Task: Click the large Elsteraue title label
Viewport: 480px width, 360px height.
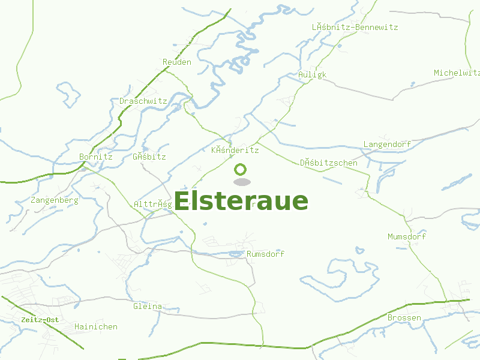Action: click(241, 201)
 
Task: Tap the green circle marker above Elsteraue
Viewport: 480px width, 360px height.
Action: click(241, 170)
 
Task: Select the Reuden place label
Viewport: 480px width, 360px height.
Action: click(177, 62)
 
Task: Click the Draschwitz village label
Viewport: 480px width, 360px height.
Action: click(143, 101)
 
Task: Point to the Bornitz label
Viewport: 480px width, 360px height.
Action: click(96, 157)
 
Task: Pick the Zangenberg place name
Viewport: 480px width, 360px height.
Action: click(54, 200)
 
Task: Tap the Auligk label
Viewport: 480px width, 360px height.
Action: click(312, 74)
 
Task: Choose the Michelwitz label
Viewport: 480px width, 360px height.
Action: click(457, 73)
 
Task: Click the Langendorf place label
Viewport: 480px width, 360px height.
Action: click(387, 145)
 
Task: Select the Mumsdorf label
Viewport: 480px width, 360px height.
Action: click(407, 236)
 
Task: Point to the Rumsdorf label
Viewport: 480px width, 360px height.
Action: click(266, 254)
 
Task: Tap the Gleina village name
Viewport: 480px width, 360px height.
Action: click(148, 306)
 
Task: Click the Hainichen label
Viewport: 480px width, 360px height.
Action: click(96, 326)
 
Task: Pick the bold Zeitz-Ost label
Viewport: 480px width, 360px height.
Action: click(40, 320)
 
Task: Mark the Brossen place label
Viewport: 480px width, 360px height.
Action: click(404, 317)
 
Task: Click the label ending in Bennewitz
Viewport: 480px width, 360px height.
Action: click(355, 27)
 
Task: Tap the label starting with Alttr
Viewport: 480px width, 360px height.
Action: click(153, 204)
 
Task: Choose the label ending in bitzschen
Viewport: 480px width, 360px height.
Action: click(328, 163)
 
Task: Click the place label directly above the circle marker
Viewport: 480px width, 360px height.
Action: click(235, 150)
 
